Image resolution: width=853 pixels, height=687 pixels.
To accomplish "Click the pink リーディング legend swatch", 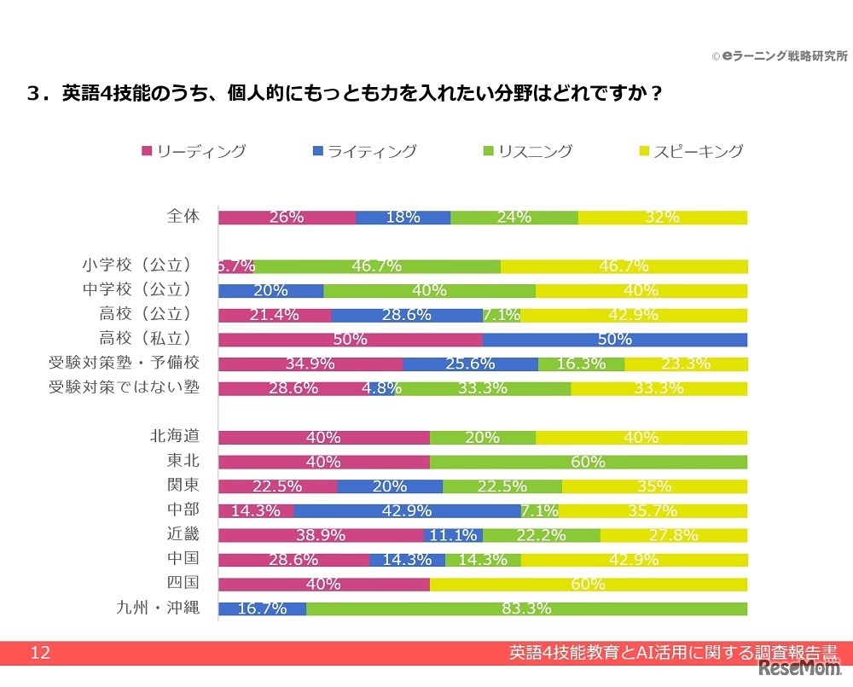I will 147,152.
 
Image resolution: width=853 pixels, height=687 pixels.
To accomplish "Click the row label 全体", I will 183,217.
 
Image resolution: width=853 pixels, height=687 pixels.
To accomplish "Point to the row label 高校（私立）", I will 150,339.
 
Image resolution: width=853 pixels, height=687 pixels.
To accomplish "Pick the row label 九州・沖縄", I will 159,608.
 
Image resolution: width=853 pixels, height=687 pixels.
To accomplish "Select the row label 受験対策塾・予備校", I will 125,364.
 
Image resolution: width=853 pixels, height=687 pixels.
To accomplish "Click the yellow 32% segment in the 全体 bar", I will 662,218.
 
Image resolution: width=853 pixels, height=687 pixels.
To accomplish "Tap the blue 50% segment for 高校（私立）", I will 615,340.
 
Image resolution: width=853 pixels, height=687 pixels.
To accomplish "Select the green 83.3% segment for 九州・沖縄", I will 526,609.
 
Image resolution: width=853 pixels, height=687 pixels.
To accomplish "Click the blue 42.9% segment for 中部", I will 407,511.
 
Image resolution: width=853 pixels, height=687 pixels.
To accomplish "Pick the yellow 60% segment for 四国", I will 589,585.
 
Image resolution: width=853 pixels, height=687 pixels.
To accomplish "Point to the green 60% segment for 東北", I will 589,463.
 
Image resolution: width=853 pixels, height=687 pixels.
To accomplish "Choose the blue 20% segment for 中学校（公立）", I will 270,290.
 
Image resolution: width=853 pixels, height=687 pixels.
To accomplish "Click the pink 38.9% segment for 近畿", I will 321,536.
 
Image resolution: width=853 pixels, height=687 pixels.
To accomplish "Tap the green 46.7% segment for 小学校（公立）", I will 377,266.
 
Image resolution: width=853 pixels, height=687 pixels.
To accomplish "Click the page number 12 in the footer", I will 40,654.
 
